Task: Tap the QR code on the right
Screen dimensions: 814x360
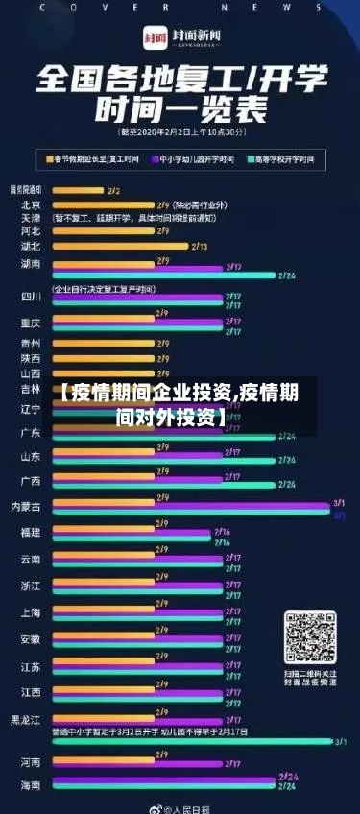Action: point(309,638)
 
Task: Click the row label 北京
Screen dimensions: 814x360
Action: point(31,204)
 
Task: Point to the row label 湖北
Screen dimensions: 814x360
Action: point(31,246)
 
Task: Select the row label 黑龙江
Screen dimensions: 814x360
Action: point(26,719)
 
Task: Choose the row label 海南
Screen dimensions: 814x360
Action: point(31,785)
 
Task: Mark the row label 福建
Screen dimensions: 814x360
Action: point(31,532)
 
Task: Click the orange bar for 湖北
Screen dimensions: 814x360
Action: point(120,247)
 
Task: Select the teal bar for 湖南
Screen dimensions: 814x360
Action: point(162,275)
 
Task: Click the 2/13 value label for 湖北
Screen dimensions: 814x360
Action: point(200,247)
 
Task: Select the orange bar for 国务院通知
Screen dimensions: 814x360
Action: point(77,191)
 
